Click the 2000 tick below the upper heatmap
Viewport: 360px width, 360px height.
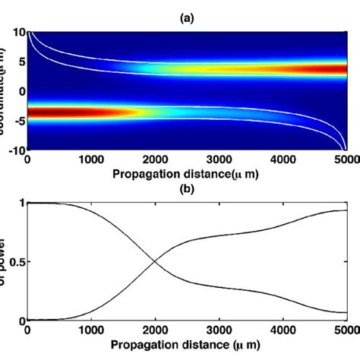pyautogui.click(x=156, y=160)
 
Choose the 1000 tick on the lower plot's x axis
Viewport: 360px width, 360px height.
pyautogui.click(x=92, y=332)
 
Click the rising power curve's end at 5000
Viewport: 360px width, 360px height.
pyautogui.click(x=347, y=210)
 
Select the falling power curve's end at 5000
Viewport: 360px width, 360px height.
pyautogui.click(x=347, y=312)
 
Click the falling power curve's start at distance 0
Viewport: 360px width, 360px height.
pyautogui.click(x=29, y=203)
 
